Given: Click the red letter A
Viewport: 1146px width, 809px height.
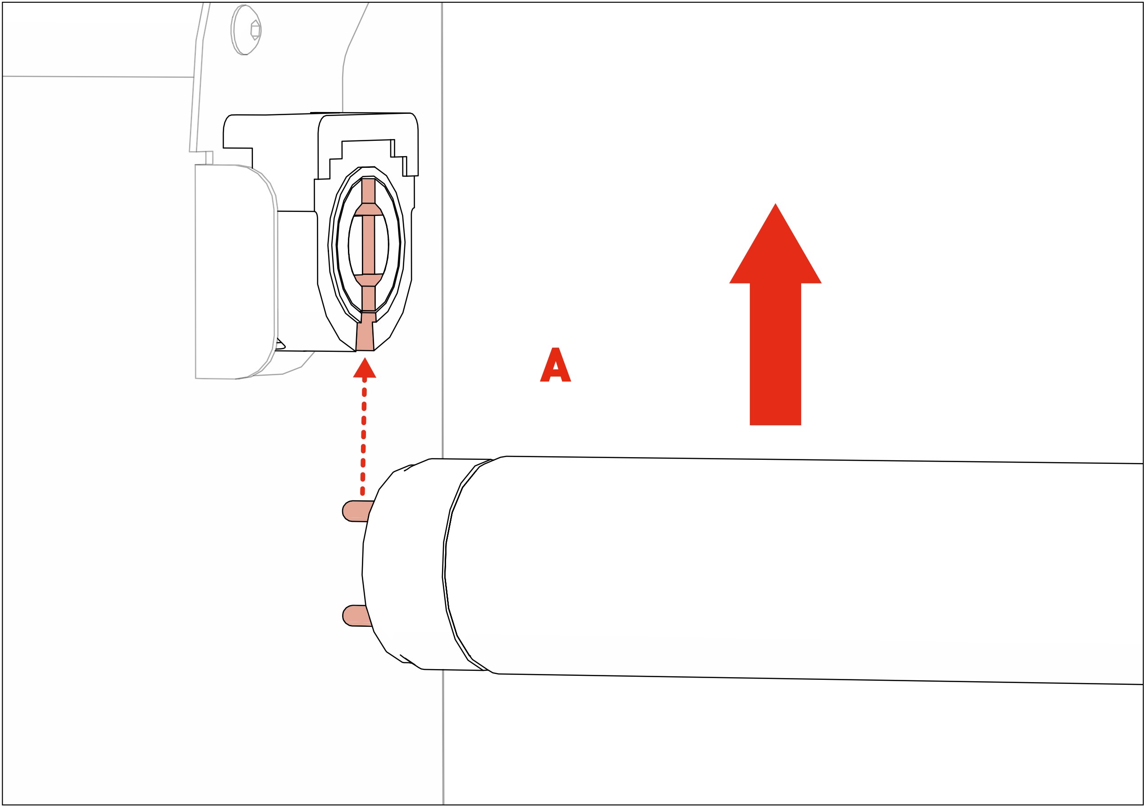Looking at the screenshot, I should coord(555,365).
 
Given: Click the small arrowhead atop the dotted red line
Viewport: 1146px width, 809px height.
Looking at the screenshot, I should coord(364,369).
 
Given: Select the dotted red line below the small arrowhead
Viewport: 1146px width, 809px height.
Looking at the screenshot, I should coord(363,434).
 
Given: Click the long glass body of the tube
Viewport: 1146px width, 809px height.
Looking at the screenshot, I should coord(799,569).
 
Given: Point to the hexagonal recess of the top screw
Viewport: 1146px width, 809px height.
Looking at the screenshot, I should coord(255,30).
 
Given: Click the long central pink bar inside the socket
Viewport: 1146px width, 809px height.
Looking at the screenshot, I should coord(368,245).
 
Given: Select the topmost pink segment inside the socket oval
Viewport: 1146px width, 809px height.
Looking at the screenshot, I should coord(368,190).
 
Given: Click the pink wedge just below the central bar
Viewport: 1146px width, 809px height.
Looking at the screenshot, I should coord(369,279).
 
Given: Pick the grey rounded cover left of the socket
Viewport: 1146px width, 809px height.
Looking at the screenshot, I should coord(235,272).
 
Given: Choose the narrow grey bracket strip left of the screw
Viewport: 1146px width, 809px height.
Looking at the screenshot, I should coord(200,75).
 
